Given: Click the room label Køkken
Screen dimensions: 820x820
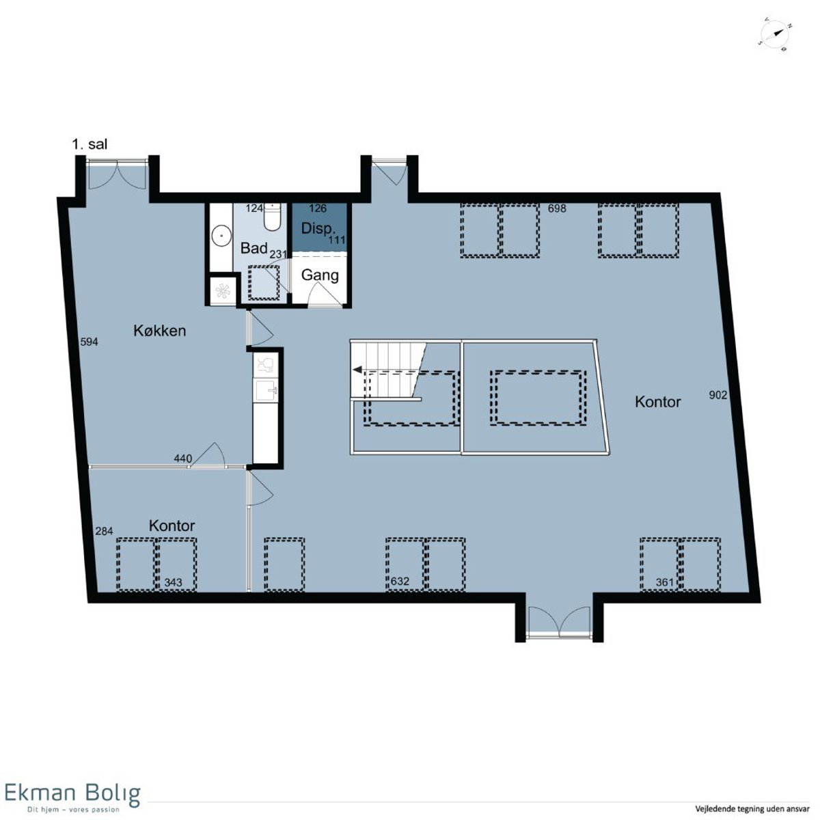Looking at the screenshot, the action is [160, 331].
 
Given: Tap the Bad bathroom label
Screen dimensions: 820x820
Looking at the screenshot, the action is [254, 248].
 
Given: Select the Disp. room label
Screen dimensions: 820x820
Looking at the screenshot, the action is [318, 228].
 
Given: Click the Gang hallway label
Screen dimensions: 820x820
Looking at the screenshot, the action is [320, 275].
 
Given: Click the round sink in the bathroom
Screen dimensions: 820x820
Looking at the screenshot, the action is [221, 234].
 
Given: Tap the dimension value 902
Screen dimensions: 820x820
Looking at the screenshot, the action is [718, 396].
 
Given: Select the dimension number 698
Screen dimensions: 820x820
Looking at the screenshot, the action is [557, 208].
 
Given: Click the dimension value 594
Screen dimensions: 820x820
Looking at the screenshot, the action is [90, 342].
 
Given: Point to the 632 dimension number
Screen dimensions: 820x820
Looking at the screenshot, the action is [400, 582].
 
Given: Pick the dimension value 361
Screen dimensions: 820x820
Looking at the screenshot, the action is [665, 582].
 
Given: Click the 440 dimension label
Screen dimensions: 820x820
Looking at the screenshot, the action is [183, 459].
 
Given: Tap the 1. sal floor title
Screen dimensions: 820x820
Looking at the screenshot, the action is [90, 144].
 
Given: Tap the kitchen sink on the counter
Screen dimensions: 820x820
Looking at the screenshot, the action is [266, 391].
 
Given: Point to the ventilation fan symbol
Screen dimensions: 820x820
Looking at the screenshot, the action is [223, 290].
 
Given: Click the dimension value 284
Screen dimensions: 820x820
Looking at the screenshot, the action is [105, 531].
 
